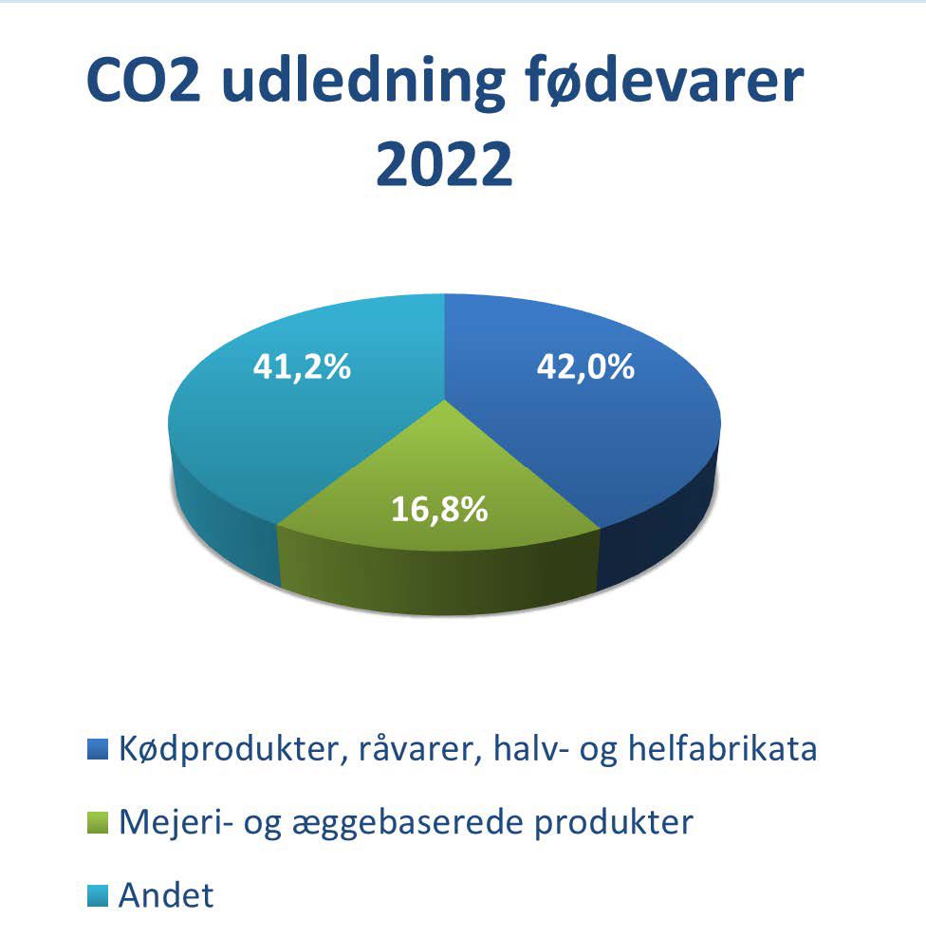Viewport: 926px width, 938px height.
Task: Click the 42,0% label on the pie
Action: (x=585, y=366)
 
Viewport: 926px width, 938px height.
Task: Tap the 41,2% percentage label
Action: (x=302, y=366)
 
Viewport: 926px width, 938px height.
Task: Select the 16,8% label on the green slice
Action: (x=439, y=509)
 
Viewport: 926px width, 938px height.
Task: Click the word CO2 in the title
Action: (x=143, y=80)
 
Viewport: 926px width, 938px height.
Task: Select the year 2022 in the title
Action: (x=444, y=164)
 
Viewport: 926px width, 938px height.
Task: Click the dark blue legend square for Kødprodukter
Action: (x=98, y=749)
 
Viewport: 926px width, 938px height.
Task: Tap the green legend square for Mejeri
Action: (x=98, y=822)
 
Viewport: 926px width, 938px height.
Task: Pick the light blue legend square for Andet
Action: (x=98, y=896)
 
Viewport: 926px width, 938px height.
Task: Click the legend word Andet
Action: (x=166, y=895)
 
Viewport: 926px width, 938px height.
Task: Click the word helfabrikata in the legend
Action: (x=722, y=748)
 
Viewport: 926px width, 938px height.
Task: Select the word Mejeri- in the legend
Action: (x=176, y=822)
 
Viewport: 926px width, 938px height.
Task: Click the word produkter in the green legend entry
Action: (x=613, y=822)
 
